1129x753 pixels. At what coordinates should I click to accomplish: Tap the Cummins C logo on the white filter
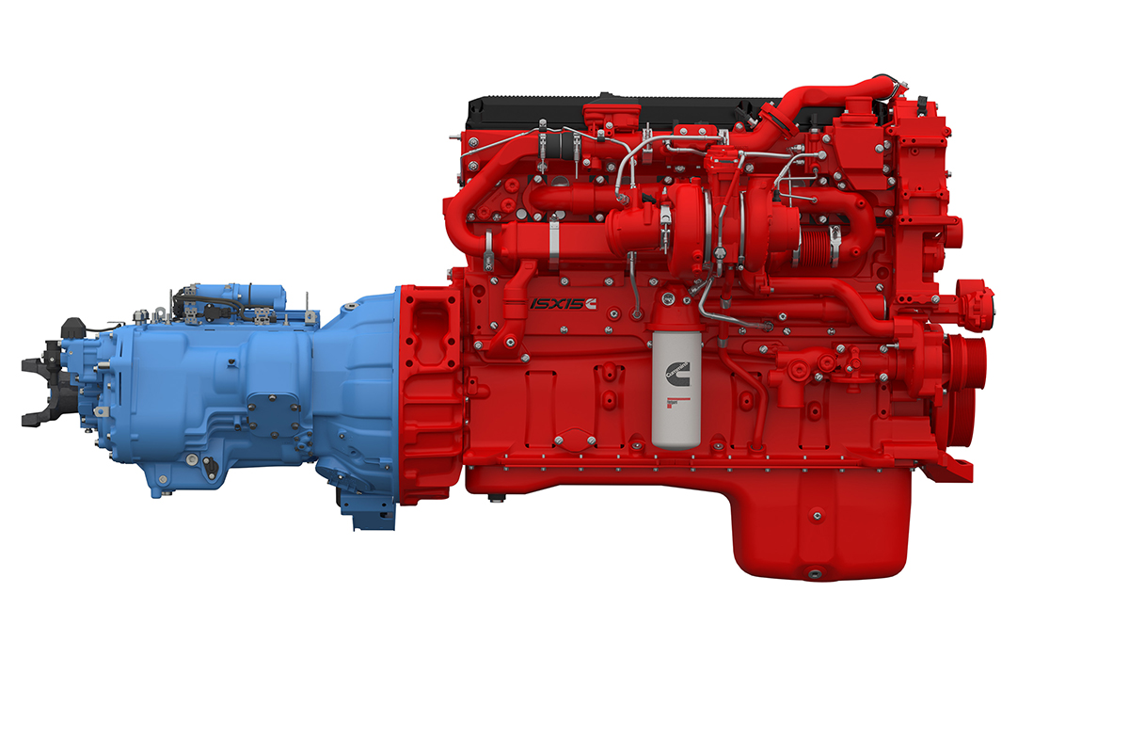pos(676,371)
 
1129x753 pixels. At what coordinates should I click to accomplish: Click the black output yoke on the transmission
pos(40,382)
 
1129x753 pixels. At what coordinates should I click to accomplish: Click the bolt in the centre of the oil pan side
pos(816,513)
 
